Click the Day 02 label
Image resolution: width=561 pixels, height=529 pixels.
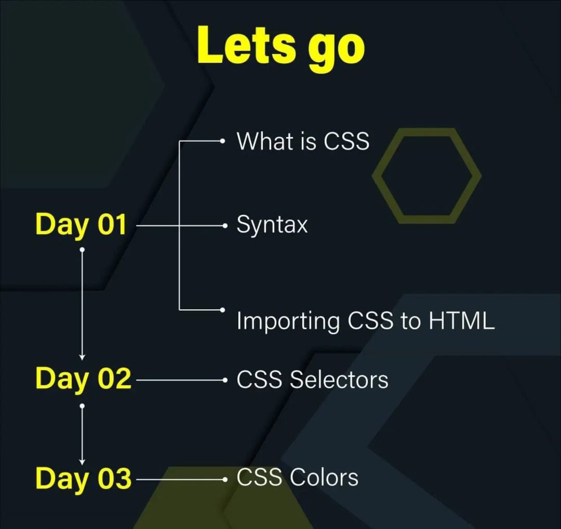tap(83, 379)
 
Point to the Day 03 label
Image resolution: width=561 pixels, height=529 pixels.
tap(83, 478)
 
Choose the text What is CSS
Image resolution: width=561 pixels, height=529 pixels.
tap(303, 141)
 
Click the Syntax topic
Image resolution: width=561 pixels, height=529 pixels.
tap(272, 225)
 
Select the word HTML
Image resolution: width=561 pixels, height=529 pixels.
tap(461, 321)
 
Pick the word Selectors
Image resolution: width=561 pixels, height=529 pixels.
tap(339, 379)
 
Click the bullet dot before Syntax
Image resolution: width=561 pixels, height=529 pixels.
tap(224, 226)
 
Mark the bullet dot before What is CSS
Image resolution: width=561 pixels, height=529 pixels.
tap(222, 141)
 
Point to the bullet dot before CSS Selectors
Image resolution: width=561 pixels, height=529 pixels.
tap(224, 380)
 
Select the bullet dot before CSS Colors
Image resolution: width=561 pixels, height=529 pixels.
tap(224, 480)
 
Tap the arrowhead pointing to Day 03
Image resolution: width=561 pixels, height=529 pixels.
tap(82, 461)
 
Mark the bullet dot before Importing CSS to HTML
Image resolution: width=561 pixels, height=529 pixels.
tap(222, 310)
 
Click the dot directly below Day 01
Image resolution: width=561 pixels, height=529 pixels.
tap(82, 250)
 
